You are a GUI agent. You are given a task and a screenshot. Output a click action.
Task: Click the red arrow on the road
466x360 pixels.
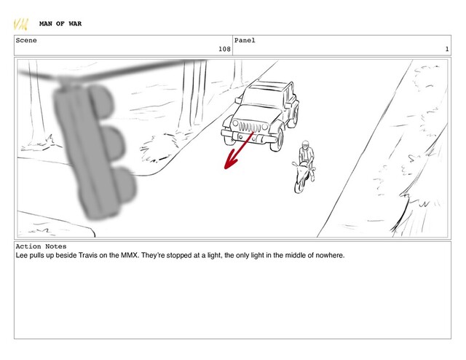coord(238,151)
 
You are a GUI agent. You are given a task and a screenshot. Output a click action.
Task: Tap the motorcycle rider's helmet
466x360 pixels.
coord(305,144)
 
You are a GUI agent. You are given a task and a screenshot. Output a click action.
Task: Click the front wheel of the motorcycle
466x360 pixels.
coord(299,184)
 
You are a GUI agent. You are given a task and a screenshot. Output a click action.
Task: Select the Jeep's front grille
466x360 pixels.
coord(250,128)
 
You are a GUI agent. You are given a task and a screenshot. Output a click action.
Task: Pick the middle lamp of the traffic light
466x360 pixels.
coord(114,144)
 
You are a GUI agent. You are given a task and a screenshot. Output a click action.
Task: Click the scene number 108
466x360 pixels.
coord(224,49)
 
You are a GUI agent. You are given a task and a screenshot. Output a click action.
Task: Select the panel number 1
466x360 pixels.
coord(446,49)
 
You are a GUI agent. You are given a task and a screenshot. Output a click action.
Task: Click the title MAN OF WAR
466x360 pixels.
coord(60,23)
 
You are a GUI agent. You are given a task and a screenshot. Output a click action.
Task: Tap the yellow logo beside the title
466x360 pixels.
coord(21,24)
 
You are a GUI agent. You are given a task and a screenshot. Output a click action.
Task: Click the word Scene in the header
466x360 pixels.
coord(26,40)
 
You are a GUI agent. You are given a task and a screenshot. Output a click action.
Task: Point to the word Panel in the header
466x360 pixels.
coord(245,40)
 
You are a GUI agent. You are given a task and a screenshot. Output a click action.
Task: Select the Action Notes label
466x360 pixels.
coord(41,246)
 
